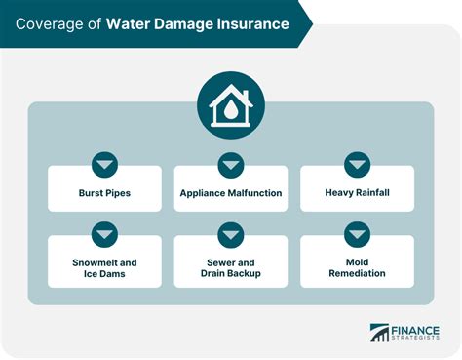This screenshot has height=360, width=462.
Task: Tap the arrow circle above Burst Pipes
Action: pos(104,165)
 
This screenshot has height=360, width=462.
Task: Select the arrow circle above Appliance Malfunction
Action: pos(231,165)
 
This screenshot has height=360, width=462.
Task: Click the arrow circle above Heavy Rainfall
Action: pos(357,165)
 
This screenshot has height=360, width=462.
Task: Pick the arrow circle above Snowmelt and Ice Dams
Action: pos(104,235)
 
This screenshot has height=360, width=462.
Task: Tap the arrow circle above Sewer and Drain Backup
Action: pos(231,235)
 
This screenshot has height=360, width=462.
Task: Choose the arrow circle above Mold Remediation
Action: pos(357,235)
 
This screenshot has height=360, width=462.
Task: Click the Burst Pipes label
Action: pos(104,193)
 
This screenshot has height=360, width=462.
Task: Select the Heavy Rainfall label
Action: pos(357,193)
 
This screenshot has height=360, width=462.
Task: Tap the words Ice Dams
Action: pos(104,273)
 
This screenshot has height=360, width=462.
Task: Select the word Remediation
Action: pos(357,273)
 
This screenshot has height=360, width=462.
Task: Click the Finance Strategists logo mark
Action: pos(379,334)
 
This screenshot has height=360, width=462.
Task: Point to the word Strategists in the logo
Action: pos(416,339)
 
